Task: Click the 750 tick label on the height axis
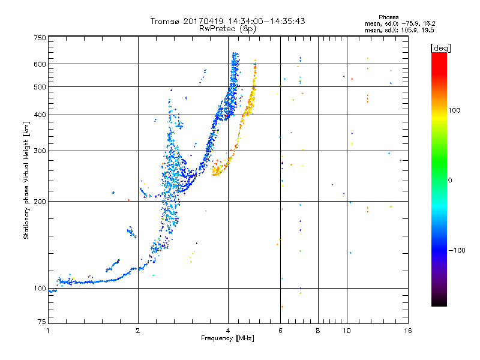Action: point(40,38)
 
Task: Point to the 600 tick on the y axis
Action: point(40,64)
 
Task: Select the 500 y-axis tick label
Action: point(40,87)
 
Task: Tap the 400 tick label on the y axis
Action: point(40,115)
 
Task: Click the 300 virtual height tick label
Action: point(40,151)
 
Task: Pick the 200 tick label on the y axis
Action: point(40,202)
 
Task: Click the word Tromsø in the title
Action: point(167,22)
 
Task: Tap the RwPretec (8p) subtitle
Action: point(227,28)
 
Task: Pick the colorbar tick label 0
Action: point(451,180)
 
